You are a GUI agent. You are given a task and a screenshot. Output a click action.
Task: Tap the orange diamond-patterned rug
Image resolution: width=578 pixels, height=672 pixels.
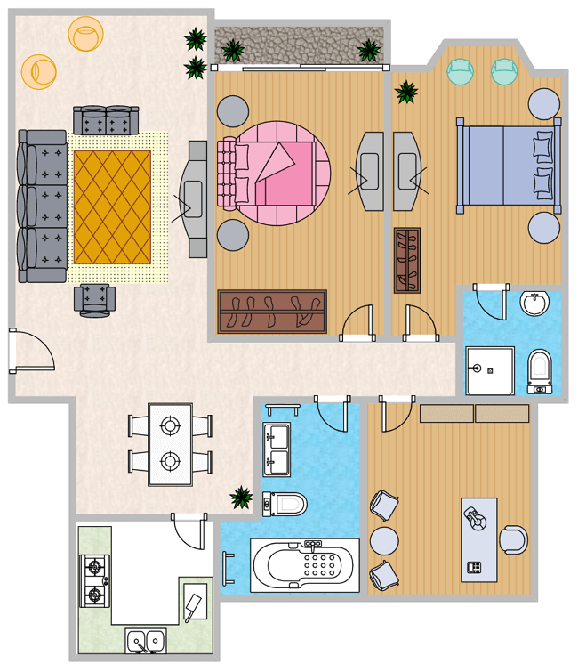click(x=112, y=206)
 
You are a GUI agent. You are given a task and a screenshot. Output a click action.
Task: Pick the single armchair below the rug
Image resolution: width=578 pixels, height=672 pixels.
click(x=95, y=299)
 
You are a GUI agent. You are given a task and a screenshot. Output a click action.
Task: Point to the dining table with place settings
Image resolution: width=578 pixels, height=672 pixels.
click(x=170, y=444)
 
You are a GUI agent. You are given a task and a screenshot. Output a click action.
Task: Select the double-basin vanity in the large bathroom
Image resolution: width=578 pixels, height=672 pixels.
click(x=276, y=449)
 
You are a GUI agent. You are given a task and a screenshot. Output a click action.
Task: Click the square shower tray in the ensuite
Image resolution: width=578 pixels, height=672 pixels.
click(x=490, y=370)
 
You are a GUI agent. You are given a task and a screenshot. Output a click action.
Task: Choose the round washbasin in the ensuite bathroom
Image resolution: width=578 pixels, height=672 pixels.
click(x=535, y=304)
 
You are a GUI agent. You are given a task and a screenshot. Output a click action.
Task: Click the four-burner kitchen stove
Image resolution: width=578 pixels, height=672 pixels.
click(x=95, y=580)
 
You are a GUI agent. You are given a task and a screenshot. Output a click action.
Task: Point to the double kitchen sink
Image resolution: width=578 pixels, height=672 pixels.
click(x=145, y=641)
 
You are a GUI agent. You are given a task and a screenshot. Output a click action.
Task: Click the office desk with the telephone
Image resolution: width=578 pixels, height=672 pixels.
click(x=478, y=539)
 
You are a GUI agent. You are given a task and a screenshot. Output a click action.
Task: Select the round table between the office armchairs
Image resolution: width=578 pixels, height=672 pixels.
click(x=384, y=540)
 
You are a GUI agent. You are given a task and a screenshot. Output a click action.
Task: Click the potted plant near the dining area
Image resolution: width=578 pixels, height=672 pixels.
click(x=240, y=498)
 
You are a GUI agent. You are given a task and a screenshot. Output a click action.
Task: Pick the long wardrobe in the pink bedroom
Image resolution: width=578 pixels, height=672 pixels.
click(x=273, y=312)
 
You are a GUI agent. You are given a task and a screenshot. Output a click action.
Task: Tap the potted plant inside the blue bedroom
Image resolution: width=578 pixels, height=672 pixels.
click(x=406, y=92)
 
